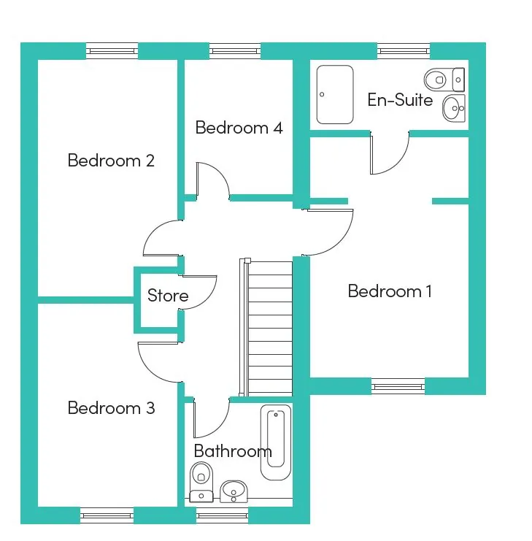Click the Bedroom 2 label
[111, 161]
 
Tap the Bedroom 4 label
[239, 128]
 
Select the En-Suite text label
[400, 100]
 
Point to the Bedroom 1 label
[390, 291]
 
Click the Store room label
[168, 296]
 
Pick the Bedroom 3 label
[111, 408]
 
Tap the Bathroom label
[233, 451]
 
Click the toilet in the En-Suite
[444, 80]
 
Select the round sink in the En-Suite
[453, 108]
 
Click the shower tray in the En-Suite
[335, 94]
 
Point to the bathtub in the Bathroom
[275, 442]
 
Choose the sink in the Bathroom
[234, 491]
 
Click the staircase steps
[270, 328]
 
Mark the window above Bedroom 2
[112, 51]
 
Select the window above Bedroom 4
[235, 51]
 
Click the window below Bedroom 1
[398, 386]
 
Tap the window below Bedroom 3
[107, 515]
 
